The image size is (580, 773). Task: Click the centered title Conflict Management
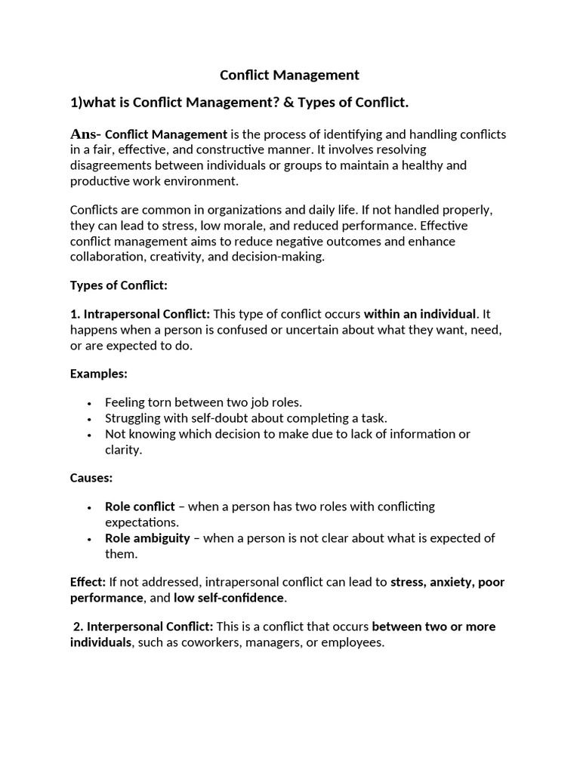click(289, 75)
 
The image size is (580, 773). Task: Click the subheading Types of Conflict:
click(119, 285)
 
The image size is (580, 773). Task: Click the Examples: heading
click(99, 374)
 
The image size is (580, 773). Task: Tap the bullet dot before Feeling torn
click(89, 403)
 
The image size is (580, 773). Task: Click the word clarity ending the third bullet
click(123, 450)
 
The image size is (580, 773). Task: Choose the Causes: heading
click(91, 478)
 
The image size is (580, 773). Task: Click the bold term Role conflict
click(140, 507)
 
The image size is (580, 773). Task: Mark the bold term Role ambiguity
click(148, 538)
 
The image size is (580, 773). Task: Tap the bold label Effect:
click(88, 582)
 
